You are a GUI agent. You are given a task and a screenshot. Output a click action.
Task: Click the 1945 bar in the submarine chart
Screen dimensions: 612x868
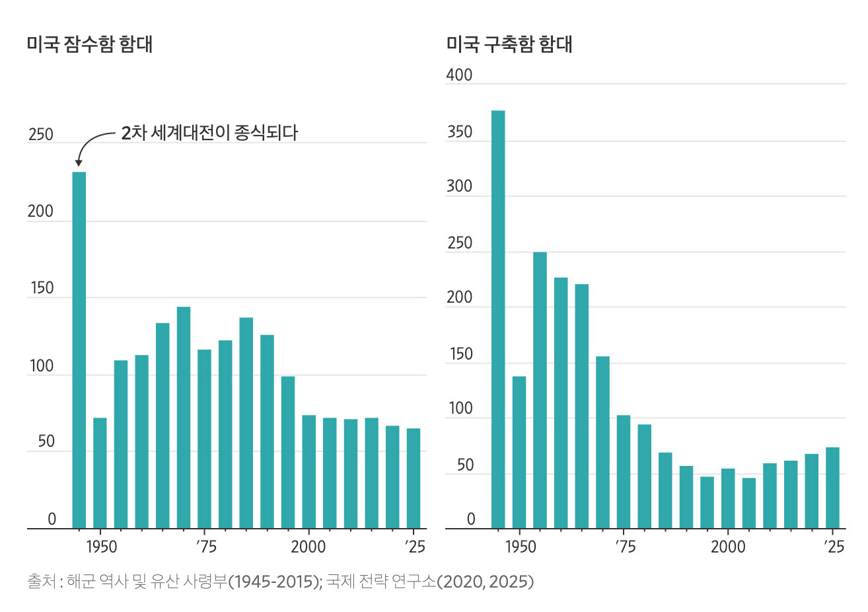point(79,350)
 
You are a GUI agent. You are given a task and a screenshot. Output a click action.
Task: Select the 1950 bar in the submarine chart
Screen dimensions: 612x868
point(100,473)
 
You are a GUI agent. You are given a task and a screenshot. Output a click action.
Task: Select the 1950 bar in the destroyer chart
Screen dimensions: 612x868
point(519,452)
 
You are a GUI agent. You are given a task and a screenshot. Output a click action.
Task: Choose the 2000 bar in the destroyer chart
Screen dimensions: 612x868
point(728,498)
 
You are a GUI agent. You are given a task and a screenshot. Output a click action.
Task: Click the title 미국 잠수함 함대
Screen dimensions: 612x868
point(90,44)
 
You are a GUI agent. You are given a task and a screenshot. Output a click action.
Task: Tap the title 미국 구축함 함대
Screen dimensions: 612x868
point(509,44)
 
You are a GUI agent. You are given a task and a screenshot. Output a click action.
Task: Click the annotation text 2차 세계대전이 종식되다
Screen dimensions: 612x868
point(209,133)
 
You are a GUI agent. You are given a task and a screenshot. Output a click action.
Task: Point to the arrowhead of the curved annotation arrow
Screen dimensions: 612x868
point(79,163)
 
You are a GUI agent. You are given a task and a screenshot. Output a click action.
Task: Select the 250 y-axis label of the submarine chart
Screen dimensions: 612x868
point(41,135)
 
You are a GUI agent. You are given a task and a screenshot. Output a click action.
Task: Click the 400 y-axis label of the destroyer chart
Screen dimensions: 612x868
point(459,75)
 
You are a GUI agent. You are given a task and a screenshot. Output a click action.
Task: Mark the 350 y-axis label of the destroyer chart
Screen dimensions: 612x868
point(459,132)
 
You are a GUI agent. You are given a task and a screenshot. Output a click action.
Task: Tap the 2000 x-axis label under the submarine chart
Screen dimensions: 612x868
point(308,547)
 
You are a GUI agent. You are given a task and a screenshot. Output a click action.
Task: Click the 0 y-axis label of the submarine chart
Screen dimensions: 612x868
point(52,519)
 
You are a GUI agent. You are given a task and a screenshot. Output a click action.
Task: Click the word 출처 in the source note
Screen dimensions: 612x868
point(42,582)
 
